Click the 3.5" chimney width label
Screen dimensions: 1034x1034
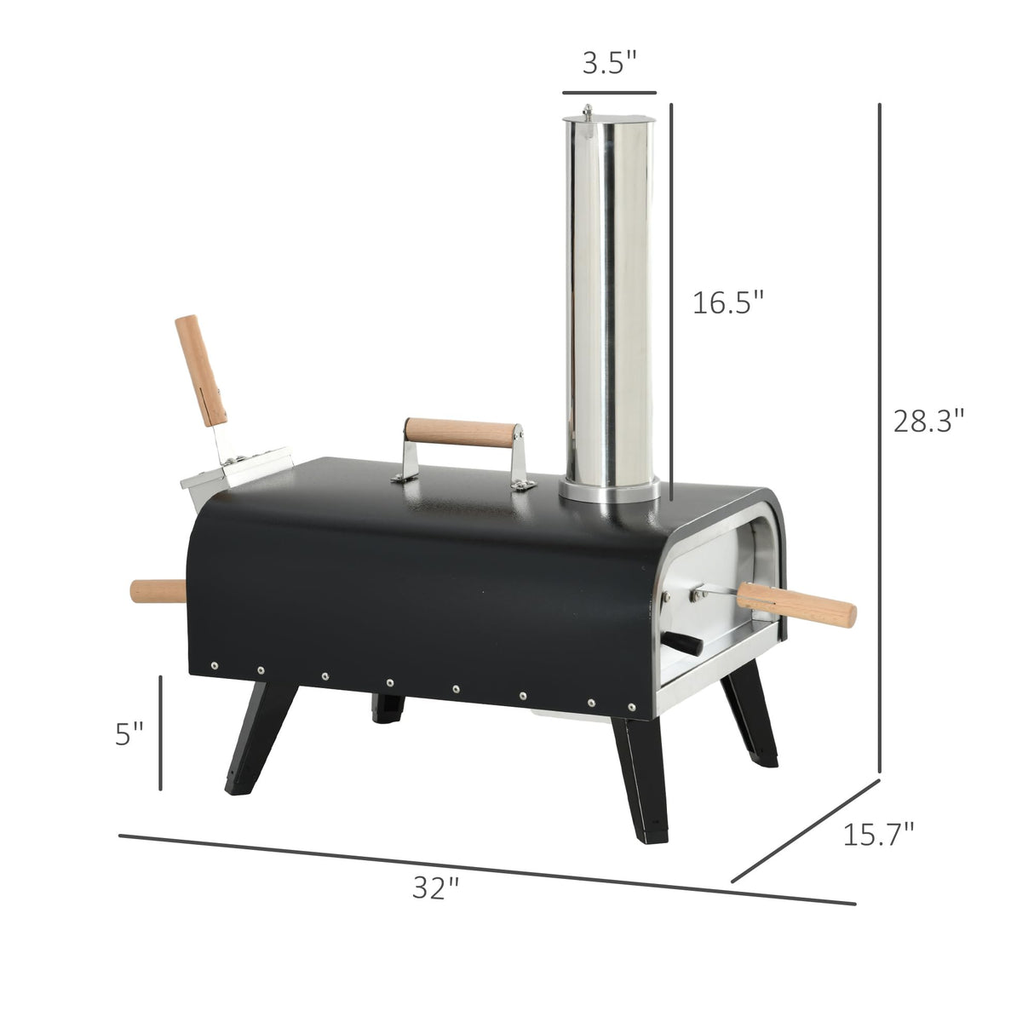[x=609, y=64]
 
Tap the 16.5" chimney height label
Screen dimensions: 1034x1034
[x=727, y=302]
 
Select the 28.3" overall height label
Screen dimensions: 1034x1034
[x=928, y=421]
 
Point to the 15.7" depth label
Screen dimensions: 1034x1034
[x=878, y=834]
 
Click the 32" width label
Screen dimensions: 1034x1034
[x=435, y=888]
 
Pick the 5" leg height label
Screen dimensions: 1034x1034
[x=129, y=734]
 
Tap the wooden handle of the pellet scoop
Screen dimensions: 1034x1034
[x=201, y=368]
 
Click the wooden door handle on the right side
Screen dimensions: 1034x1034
[x=796, y=603]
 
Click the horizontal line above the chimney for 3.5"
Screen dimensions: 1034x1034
[x=609, y=91]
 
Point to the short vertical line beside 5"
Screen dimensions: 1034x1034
[x=160, y=732]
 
